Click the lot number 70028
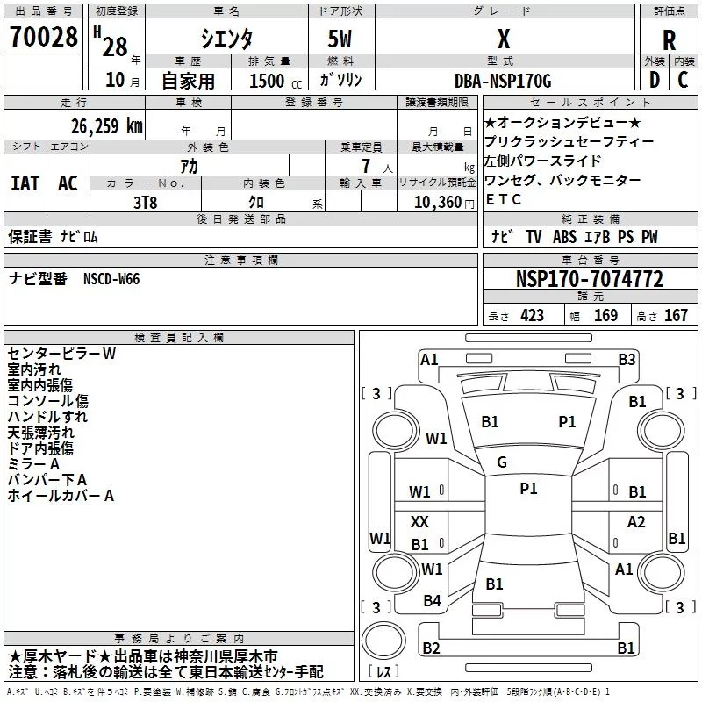44,36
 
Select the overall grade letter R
669,40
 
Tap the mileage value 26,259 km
107,126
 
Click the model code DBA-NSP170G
503,81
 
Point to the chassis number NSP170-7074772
590,279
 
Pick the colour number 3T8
145,203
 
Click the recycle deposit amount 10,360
438,203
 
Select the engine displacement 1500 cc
276,81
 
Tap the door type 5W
340,39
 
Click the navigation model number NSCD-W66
111,279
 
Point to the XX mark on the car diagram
419,521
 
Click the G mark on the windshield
502,462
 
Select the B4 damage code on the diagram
432,601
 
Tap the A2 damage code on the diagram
636,521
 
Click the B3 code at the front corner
627,360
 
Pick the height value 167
676,315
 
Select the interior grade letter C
683,80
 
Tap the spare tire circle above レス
383,640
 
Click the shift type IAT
25,183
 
